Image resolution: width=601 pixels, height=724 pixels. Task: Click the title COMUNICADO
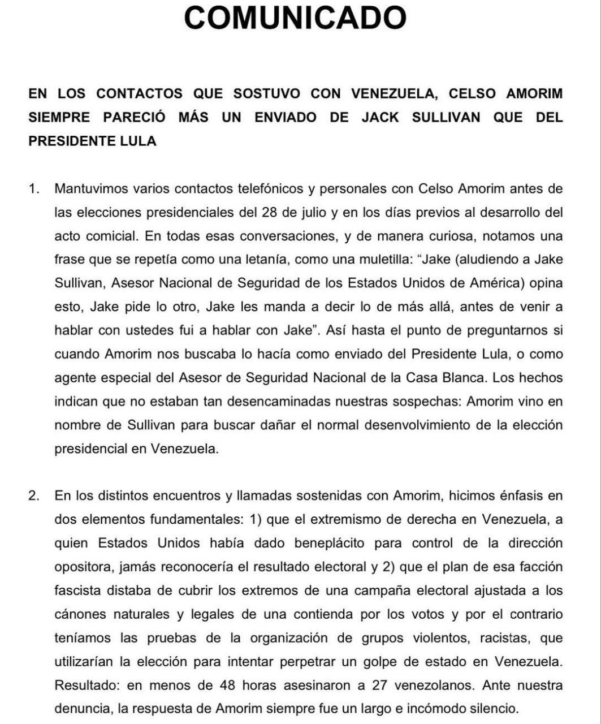[x=295, y=17]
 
